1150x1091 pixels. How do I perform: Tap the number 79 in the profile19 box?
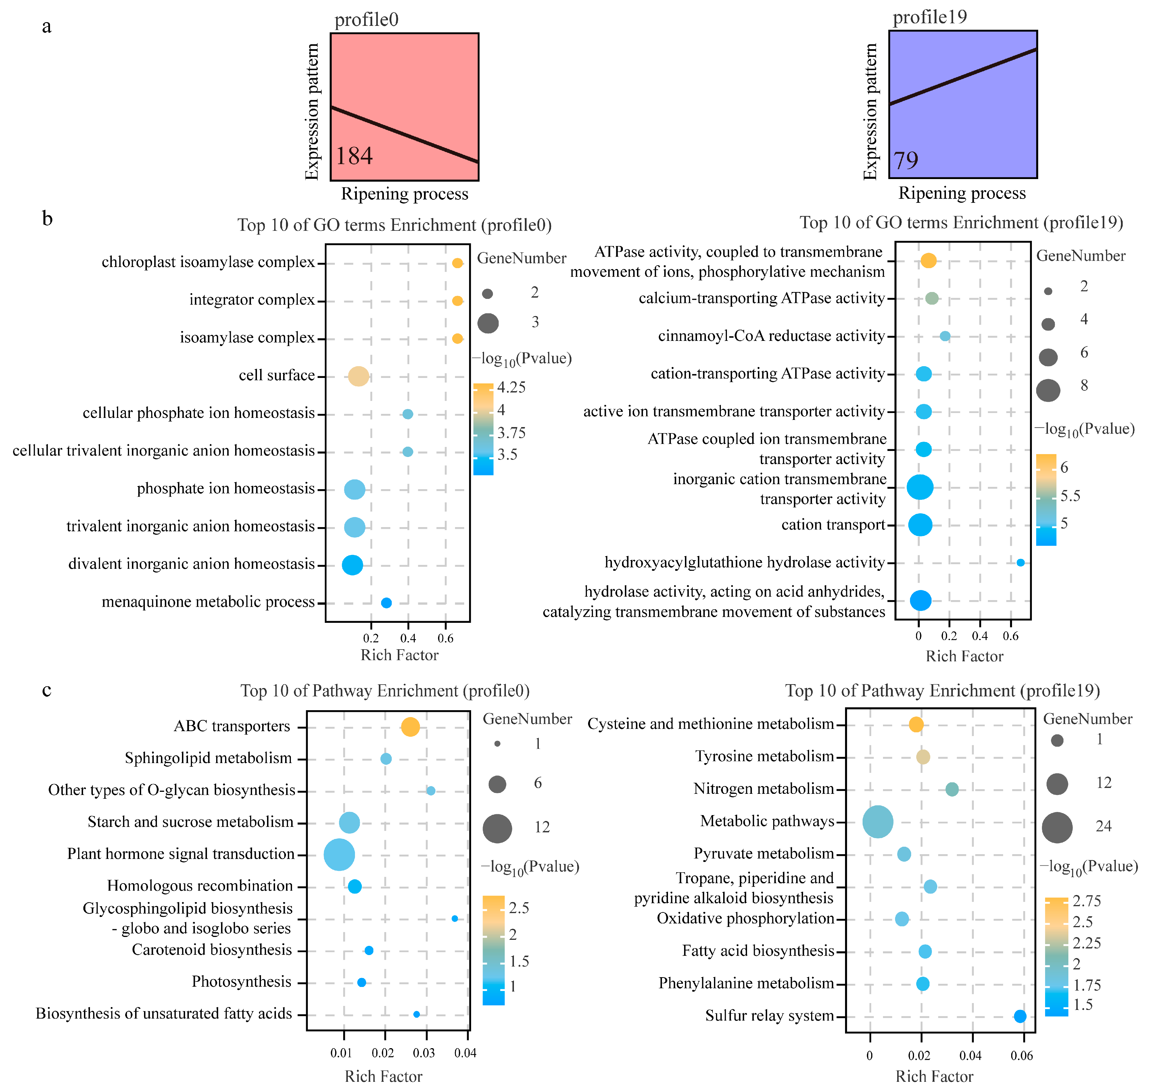(906, 160)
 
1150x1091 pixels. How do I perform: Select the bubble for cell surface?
(358, 376)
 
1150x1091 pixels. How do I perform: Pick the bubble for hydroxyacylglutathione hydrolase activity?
(1020, 562)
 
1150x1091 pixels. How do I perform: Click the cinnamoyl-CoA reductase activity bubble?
(945, 336)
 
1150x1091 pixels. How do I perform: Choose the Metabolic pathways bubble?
(878, 822)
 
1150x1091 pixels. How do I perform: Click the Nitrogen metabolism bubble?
(952, 789)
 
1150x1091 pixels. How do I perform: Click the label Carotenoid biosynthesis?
(212, 950)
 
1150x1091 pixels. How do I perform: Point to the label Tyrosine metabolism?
(764, 756)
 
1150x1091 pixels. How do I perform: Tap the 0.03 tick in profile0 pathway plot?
(424, 1053)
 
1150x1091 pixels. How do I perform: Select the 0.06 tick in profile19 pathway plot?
(1022, 1056)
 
